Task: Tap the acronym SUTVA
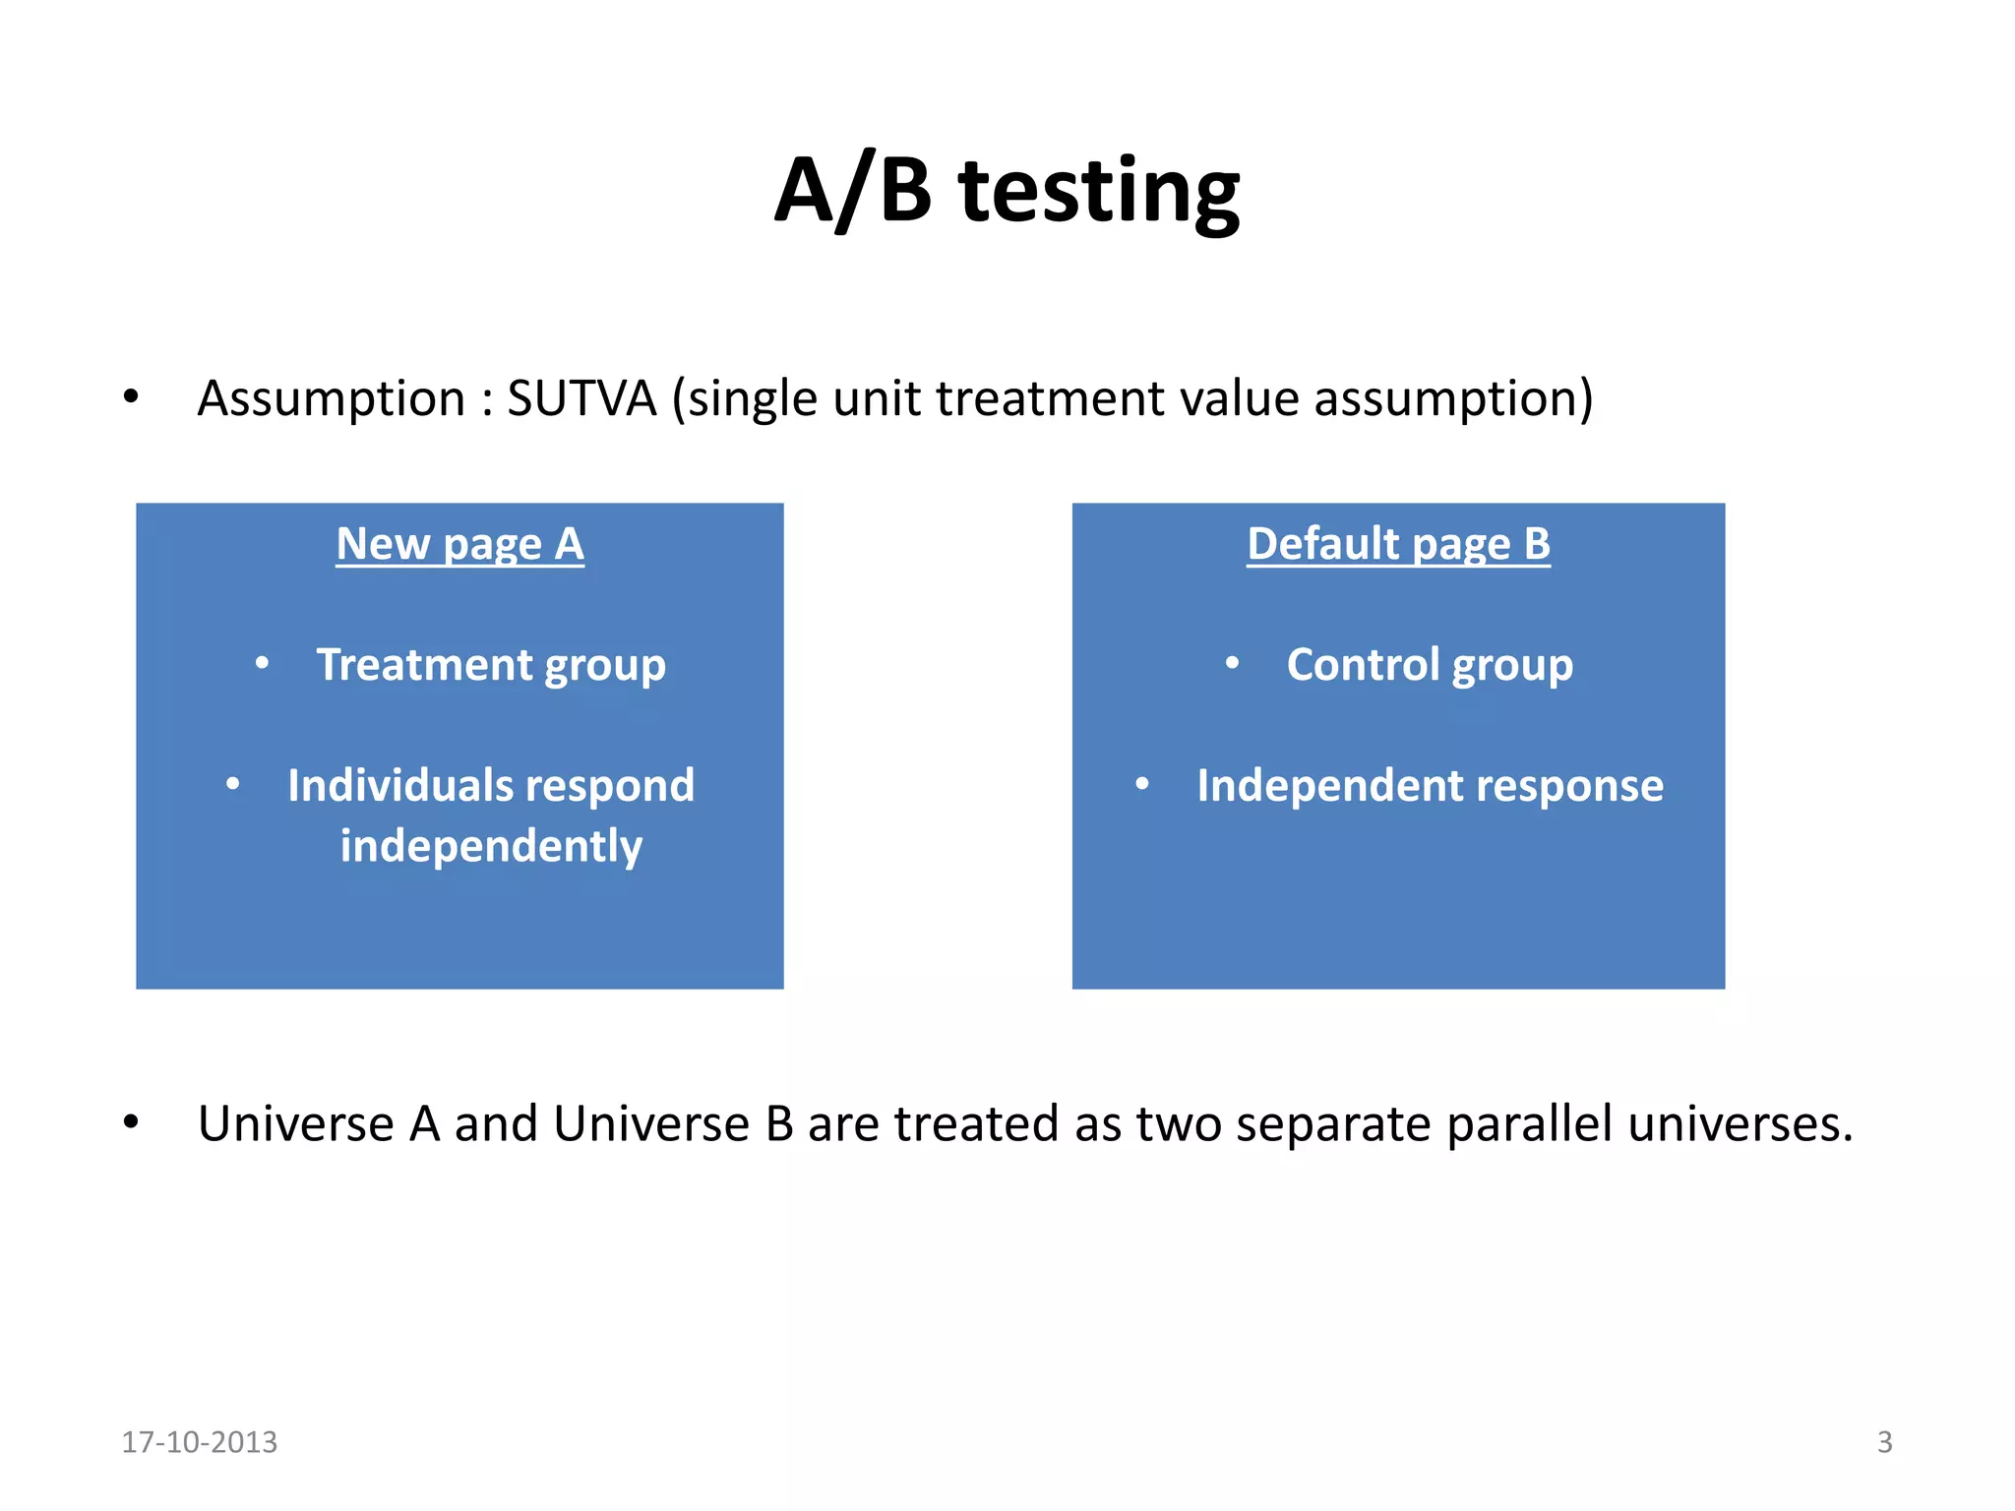[x=580, y=399]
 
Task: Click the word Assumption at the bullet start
[x=331, y=399]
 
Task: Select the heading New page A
[x=459, y=544]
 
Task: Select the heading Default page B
[x=1398, y=544]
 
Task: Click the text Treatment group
[x=491, y=665]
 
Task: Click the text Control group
[x=1430, y=665]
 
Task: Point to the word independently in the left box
[x=491, y=846]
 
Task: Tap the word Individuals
[x=399, y=786]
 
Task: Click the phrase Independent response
[x=1430, y=786]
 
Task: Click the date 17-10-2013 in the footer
[x=200, y=1442]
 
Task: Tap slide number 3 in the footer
[x=1884, y=1442]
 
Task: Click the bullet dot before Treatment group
[x=262, y=664]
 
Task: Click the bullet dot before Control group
[x=1232, y=664]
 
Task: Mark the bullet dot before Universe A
[x=131, y=1122]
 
